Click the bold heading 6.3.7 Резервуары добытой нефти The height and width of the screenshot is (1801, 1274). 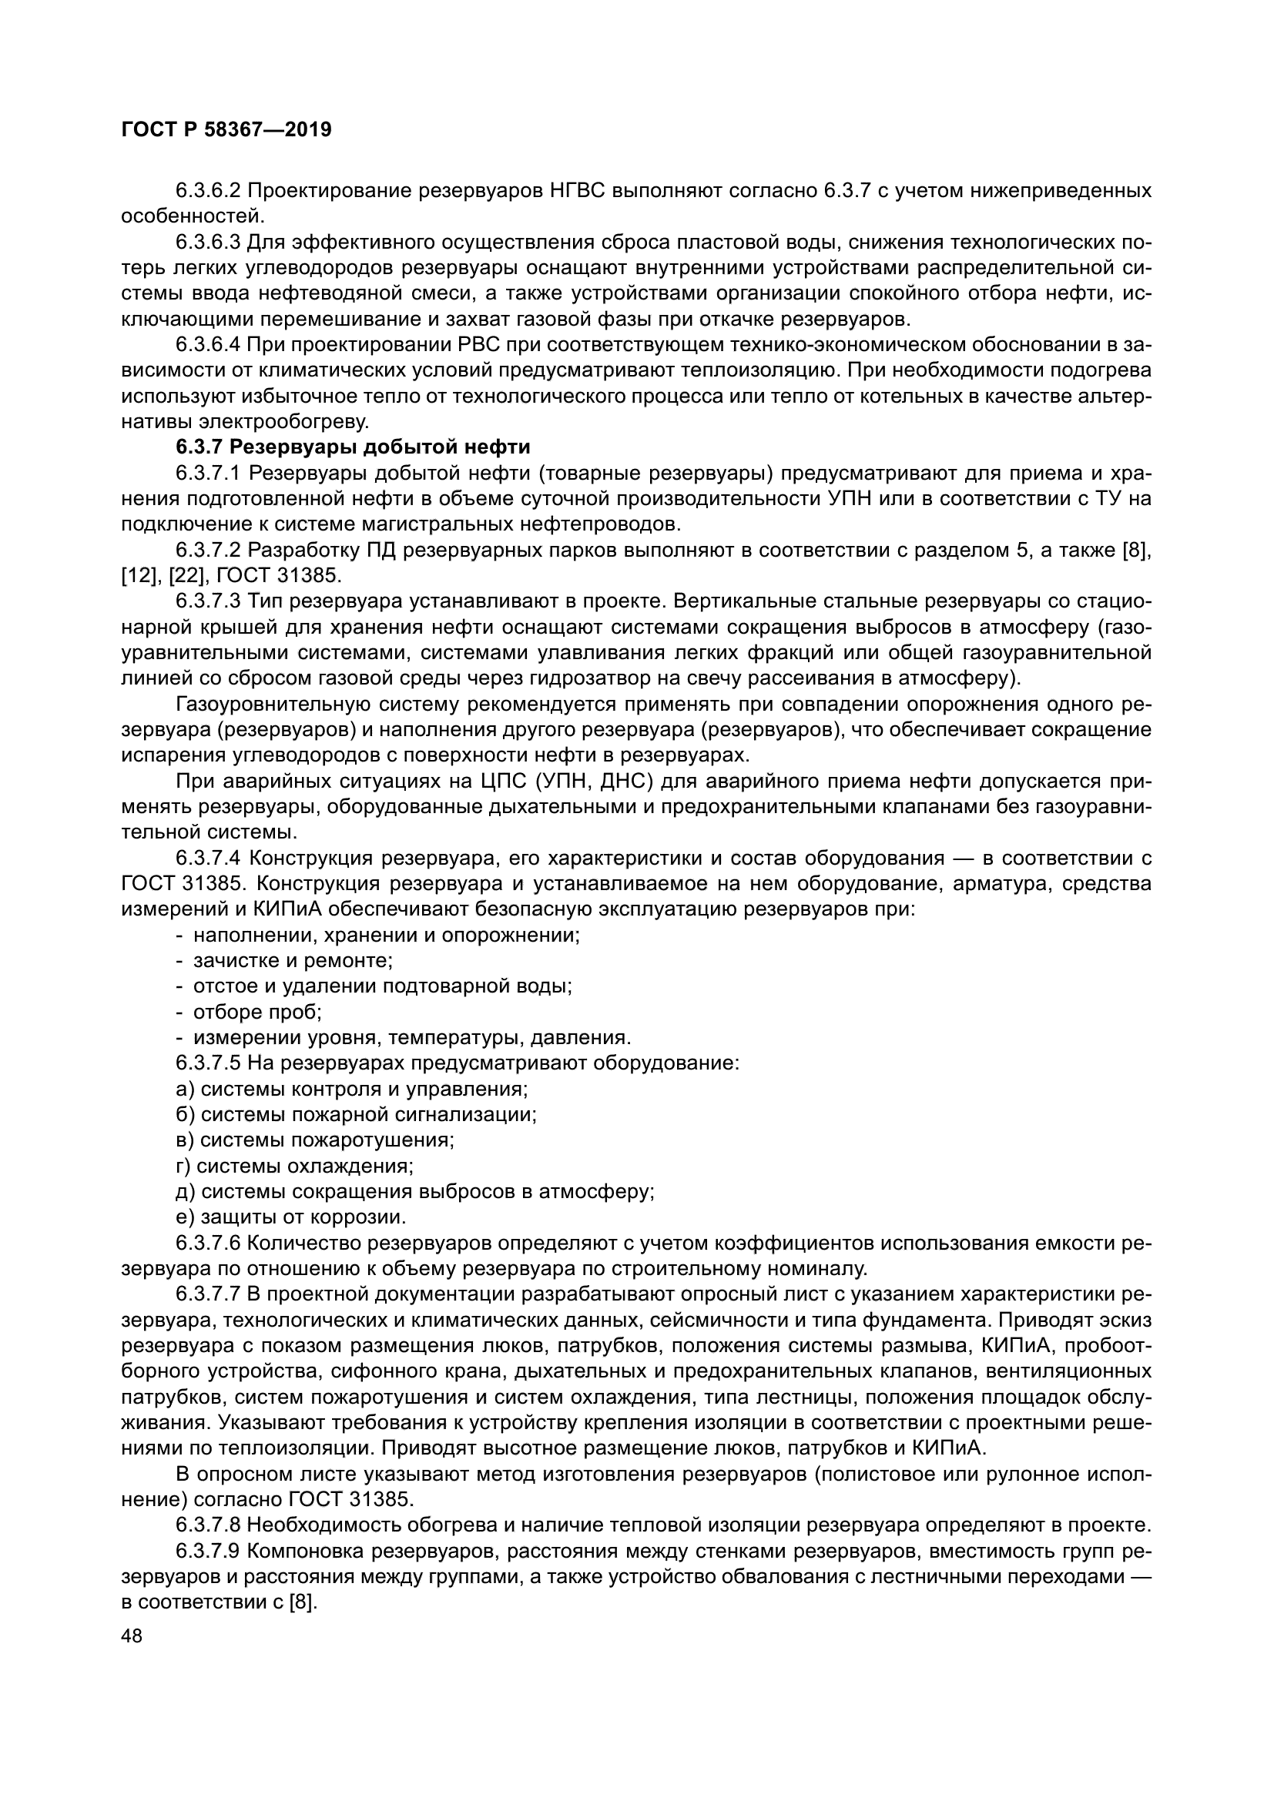353,447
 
